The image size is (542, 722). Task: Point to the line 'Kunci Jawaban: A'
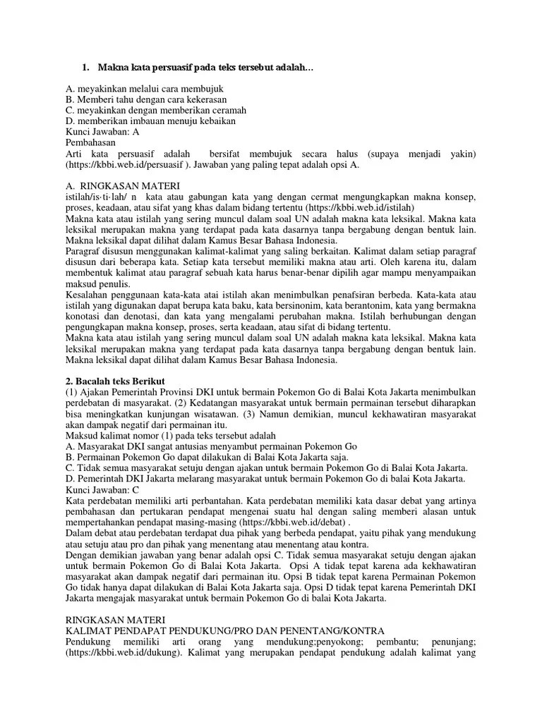102,131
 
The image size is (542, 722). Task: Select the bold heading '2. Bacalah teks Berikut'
114,381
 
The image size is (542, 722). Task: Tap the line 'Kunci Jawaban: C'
102,489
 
